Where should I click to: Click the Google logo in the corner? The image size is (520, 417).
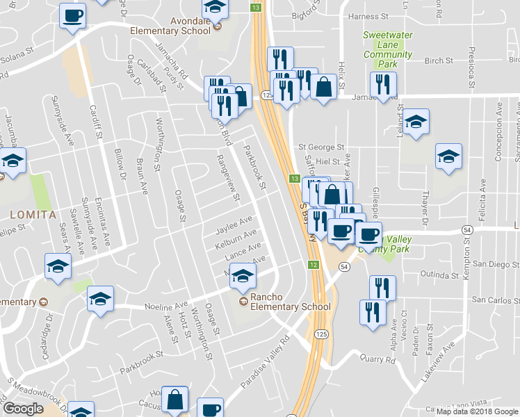pos(22,409)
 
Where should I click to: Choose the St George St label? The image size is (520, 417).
pos(321,147)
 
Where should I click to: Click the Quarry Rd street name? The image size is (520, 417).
pos(377,360)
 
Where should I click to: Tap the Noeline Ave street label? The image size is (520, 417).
pos(166,305)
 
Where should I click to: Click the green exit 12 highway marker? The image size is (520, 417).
pos(314,264)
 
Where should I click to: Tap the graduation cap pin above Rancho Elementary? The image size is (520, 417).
pos(243,276)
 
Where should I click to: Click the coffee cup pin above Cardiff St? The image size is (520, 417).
pos(73,16)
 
